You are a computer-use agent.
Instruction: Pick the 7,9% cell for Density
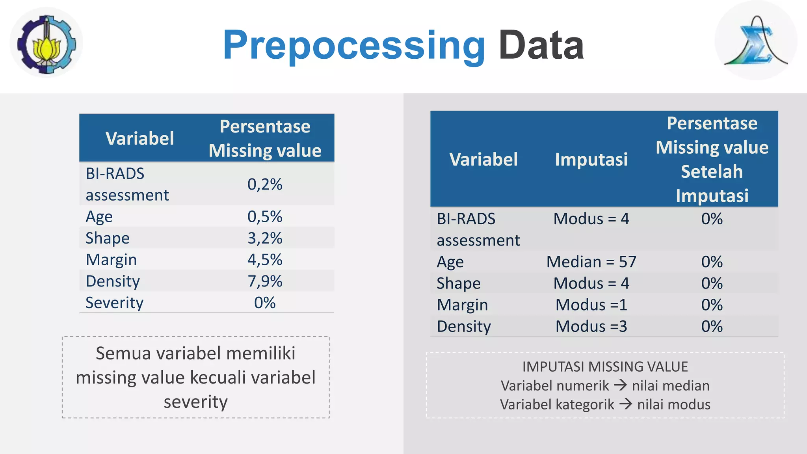click(x=265, y=281)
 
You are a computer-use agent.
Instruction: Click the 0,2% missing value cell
click(x=265, y=184)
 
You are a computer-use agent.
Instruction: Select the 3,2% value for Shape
click(x=265, y=238)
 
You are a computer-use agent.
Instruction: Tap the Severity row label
click(x=114, y=303)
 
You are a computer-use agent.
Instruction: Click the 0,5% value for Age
click(x=265, y=217)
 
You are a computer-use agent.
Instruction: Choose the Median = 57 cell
click(x=591, y=262)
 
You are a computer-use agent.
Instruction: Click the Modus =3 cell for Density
click(x=591, y=327)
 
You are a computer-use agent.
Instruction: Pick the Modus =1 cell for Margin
click(x=591, y=305)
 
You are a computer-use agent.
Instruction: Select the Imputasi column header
click(x=591, y=160)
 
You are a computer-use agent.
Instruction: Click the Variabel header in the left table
click(x=139, y=139)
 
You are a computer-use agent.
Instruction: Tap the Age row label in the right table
click(x=450, y=262)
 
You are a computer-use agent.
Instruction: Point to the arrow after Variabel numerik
click(x=620, y=385)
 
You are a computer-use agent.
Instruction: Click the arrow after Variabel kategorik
click(x=625, y=404)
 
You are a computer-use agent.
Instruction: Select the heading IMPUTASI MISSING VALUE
click(x=605, y=367)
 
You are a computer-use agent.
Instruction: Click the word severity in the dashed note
click(x=195, y=402)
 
